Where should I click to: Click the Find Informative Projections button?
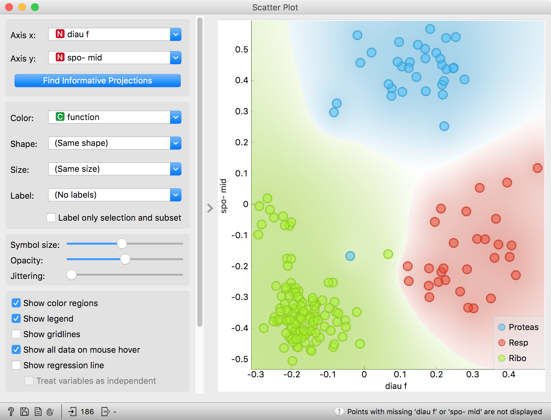point(97,81)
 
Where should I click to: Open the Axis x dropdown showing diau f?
point(114,34)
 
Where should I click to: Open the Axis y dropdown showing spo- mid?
point(114,58)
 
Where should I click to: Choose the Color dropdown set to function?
point(114,117)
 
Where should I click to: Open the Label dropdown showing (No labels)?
point(114,195)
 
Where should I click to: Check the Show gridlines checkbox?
point(16,334)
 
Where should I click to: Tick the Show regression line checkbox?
point(16,365)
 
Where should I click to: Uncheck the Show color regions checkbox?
point(16,303)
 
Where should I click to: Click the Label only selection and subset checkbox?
point(51,217)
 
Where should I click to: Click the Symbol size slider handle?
point(122,244)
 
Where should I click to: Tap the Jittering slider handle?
point(71,275)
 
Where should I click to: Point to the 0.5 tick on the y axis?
point(242,50)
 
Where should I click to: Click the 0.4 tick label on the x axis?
point(509,375)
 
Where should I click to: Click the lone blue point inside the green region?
point(350,256)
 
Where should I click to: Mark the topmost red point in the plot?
point(537,168)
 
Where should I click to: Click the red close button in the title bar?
point(9,7)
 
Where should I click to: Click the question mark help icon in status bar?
point(11,412)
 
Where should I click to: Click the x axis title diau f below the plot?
point(396,386)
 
